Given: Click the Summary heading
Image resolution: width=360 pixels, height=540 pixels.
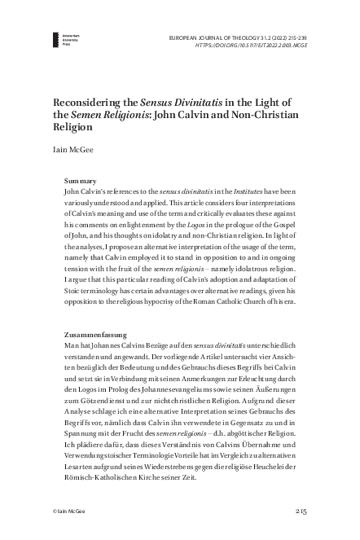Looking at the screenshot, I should click(81, 180).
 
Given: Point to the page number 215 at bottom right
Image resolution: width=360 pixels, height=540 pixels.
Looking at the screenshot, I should click(299, 511).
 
